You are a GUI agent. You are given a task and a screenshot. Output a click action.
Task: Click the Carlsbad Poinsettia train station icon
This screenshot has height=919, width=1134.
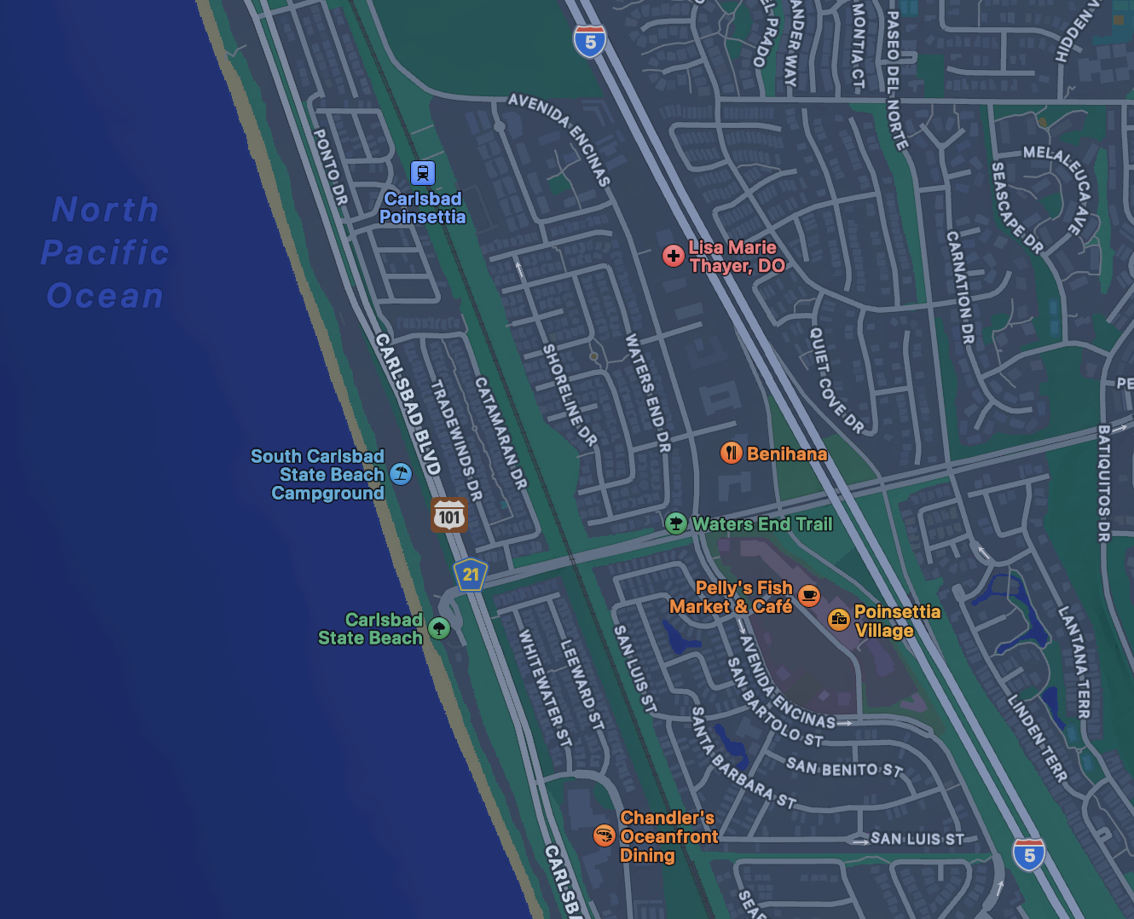[423, 173]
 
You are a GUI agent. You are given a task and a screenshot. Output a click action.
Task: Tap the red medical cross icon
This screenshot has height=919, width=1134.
[674, 255]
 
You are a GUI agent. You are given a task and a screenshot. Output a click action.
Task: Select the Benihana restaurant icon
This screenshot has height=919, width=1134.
[732, 453]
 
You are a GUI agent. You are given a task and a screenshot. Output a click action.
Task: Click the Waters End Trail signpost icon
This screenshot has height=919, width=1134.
[676, 523]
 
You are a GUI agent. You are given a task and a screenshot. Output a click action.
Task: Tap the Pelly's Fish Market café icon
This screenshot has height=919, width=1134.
[809, 595]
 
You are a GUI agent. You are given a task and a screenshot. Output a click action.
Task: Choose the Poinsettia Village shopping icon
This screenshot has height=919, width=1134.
[839, 620]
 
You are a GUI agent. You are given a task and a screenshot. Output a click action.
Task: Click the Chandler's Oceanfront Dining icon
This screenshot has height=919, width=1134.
[605, 835]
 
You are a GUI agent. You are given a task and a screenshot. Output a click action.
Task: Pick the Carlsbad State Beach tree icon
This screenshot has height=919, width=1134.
[439, 629]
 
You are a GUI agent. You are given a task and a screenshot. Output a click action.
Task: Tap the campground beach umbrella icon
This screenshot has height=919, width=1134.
[401, 474]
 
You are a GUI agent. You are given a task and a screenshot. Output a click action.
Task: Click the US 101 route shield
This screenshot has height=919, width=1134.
[449, 516]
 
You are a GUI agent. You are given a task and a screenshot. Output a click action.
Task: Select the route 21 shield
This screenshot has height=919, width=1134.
[471, 575]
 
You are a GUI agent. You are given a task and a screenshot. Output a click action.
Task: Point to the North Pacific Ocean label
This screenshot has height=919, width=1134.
[106, 252]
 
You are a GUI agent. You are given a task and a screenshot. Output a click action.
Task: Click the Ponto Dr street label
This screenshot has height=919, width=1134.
[330, 167]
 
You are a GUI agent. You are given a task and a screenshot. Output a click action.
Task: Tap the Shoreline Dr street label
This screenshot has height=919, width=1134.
[570, 395]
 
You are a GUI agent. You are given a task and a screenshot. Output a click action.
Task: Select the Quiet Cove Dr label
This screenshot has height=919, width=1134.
[836, 380]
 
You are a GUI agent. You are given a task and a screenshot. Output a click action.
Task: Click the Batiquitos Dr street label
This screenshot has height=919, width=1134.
[1104, 483]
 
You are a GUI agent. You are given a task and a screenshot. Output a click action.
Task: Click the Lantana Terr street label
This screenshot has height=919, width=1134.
[1074, 662]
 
